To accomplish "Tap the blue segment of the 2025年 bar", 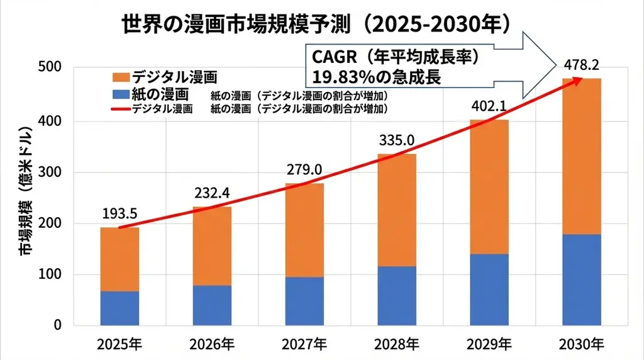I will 119,308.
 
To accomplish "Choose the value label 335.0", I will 396,140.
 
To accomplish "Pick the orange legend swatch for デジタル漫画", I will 120,77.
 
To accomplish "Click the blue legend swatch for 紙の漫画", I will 120,94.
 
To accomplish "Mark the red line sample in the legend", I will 120,109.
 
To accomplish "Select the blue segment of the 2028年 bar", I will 397,295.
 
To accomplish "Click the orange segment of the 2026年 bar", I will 212,245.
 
